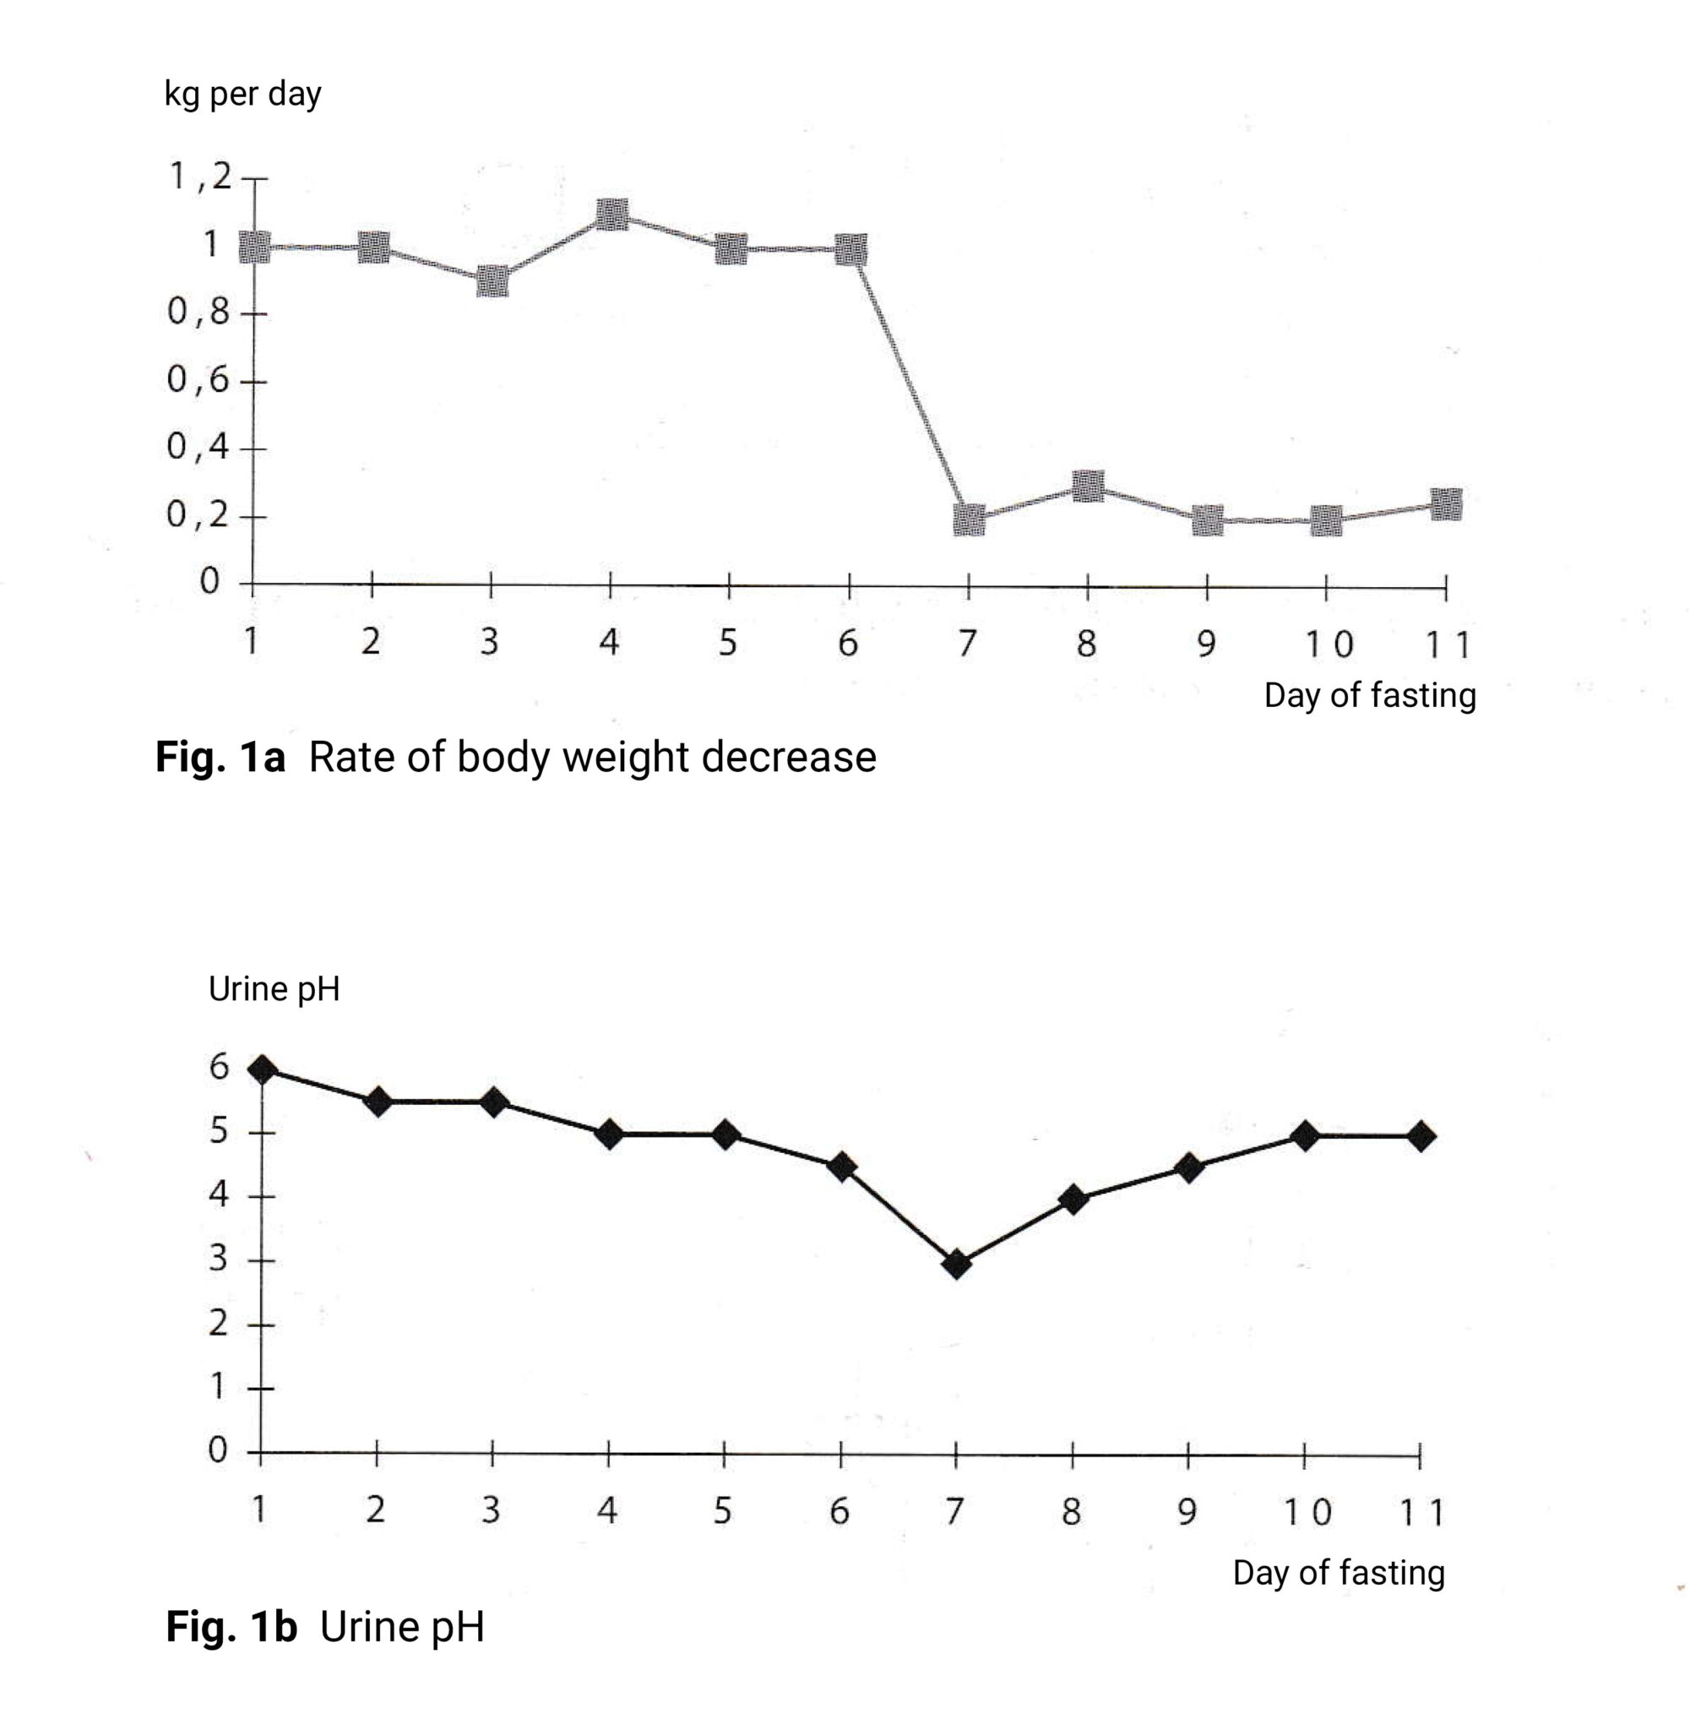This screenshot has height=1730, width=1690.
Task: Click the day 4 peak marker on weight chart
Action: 612,215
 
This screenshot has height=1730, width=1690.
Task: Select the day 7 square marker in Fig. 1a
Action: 969,520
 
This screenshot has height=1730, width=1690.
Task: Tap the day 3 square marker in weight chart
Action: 492,281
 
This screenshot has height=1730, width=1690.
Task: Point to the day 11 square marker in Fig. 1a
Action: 1446,505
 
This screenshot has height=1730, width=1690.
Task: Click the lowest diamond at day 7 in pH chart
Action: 956,1264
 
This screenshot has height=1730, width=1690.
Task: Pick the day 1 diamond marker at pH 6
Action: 262,1069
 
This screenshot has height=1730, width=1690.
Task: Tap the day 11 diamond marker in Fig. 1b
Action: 1421,1136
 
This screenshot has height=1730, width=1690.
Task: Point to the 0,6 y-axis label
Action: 197,380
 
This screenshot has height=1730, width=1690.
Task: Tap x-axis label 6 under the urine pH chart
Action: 839,1510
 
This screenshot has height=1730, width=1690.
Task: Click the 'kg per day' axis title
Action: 242,94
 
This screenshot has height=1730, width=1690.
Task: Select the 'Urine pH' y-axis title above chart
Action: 274,989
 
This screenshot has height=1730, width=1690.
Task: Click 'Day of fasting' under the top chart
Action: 1370,695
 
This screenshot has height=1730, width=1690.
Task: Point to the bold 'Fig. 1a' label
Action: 220,757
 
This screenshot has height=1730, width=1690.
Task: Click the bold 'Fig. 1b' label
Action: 231,1627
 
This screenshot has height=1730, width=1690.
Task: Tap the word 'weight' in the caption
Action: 625,757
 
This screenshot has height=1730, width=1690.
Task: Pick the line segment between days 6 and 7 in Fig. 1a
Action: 910,385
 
